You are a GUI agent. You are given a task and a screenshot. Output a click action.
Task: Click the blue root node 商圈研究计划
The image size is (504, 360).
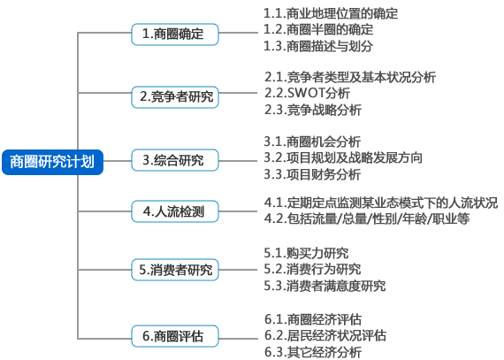coord(52,162)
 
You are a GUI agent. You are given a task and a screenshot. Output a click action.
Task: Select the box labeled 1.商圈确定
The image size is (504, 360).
coord(175,34)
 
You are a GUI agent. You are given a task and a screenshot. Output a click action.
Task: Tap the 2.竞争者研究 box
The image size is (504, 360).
coord(175,97)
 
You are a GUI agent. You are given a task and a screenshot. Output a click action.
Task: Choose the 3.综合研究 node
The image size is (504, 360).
coord(175,160)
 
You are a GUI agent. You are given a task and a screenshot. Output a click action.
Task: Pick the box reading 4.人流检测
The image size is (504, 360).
coord(175,211)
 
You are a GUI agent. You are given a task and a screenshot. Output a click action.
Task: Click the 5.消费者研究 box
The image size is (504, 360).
coord(175,270)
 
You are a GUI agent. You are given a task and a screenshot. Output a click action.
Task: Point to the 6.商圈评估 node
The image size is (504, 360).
coord(175,336)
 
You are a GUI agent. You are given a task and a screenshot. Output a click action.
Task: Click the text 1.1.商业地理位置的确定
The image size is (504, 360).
coord(331,14)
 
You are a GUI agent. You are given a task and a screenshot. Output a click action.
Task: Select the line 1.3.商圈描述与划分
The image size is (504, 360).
coord(318,46)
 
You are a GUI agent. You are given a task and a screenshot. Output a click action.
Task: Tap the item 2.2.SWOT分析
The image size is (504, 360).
coord(308,93)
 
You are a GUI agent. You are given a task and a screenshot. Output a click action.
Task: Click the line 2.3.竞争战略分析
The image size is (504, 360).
coord(313,110)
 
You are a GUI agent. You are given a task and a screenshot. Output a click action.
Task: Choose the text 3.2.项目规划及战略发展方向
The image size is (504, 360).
coord(343,157)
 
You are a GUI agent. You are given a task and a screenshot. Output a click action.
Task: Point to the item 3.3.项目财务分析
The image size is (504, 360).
coord(312,174)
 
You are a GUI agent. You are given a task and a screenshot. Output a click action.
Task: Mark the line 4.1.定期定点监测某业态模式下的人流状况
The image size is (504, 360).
coord(381,203)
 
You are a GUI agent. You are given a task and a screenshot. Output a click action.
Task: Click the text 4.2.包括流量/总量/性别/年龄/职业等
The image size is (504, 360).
coord(367,218)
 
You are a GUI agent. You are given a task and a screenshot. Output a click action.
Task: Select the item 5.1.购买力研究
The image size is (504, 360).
coord(306,253)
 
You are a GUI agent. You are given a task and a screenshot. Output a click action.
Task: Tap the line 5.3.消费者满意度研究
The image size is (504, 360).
coord(325,286)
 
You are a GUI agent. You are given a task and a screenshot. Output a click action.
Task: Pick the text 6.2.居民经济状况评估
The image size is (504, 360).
coord(325,335)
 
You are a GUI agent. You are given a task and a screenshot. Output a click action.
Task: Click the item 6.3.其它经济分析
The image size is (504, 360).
coord(313,352)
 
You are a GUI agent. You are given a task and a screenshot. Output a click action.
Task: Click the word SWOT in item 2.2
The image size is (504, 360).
coord(306,93)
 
